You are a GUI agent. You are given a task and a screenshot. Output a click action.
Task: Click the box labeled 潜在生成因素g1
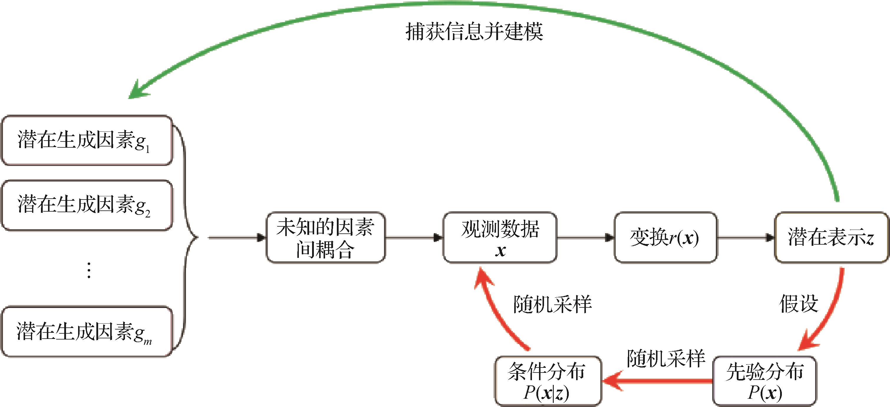[x=87, y=140]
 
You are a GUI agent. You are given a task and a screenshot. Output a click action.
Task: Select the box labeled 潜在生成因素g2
[x=87, y=205]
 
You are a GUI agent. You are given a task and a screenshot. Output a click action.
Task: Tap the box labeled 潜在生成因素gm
[x=87, y=332]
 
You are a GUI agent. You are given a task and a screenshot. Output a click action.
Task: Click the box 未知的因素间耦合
[x=325, y=237]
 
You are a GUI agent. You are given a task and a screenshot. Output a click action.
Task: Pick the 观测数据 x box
[x=500, y=237]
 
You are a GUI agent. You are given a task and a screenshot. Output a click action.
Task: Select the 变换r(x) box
[x=665, y=237]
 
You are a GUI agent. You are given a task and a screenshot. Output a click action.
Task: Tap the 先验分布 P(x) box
[x=764, y=381]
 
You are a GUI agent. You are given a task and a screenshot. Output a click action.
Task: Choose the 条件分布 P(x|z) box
[x=548, y=381]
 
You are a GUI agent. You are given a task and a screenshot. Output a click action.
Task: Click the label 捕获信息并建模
[x=474, y=32]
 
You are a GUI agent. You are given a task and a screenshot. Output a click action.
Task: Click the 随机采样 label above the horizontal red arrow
[x=666, y=359]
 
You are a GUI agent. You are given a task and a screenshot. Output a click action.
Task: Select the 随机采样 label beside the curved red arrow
[x=552, y=305]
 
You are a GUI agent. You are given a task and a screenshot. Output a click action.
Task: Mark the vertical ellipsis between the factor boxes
[x=89, y=270]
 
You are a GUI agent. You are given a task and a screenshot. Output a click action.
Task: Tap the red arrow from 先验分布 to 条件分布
[x=656, y=381]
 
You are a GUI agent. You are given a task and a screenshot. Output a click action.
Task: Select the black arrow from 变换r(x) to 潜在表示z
[x=746, y=237]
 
